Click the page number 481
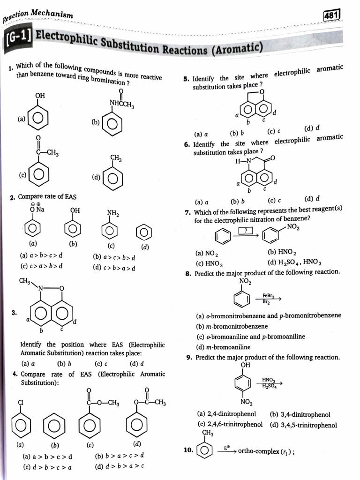pos(332,16)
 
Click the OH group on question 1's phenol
pos(40,96)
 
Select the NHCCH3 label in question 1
pos(122,104)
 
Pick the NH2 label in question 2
pos(112,213)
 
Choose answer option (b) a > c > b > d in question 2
pos(114,257)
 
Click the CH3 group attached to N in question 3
pos(24,281)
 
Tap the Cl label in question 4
pos(21,402)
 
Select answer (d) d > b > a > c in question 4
pos(119,466)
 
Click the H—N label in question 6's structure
pos(244,161)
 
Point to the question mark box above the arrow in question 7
pos(246,230)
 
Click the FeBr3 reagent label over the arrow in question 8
pos(268,296)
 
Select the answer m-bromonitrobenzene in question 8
pos(232,326)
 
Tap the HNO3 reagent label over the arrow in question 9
pos(269,380)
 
